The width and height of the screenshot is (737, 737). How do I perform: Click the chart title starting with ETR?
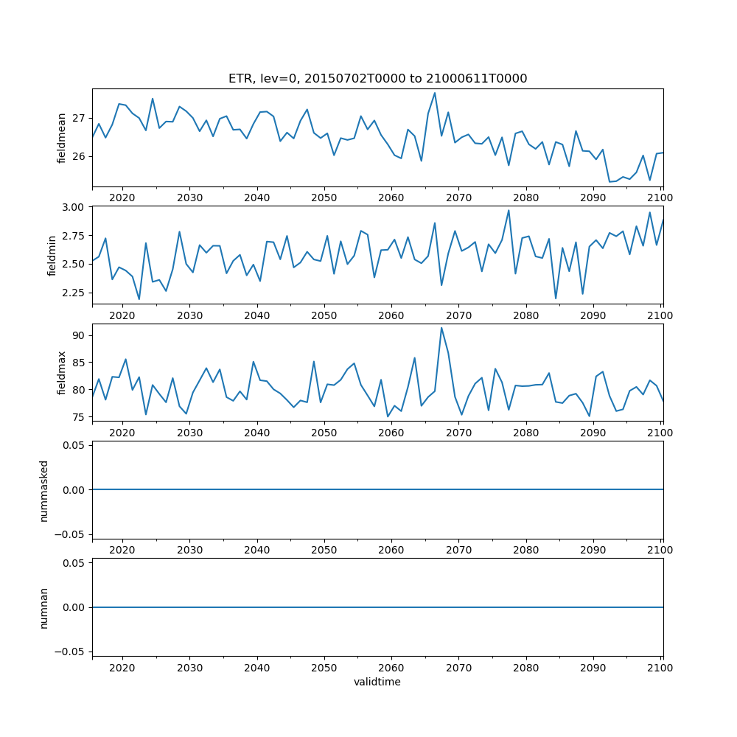377,79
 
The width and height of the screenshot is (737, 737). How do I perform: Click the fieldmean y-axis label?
62,138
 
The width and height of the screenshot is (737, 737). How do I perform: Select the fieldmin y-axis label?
52,255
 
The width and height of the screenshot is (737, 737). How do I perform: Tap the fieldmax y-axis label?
62,372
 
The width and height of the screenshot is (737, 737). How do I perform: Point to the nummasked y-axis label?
43,490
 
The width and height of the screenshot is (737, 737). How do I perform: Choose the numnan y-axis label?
43,607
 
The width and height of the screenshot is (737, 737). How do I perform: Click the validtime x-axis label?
377,682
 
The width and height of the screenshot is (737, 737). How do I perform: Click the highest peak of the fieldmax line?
441,328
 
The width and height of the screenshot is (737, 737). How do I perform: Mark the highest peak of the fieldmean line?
435,93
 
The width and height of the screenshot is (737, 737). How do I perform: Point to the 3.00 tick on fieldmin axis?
75,207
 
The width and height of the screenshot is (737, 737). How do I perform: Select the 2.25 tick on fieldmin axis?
75,293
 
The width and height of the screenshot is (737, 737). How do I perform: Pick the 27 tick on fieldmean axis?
80,118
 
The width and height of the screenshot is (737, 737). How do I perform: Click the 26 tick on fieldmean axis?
80,157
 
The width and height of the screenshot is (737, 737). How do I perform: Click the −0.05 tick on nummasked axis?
72,534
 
